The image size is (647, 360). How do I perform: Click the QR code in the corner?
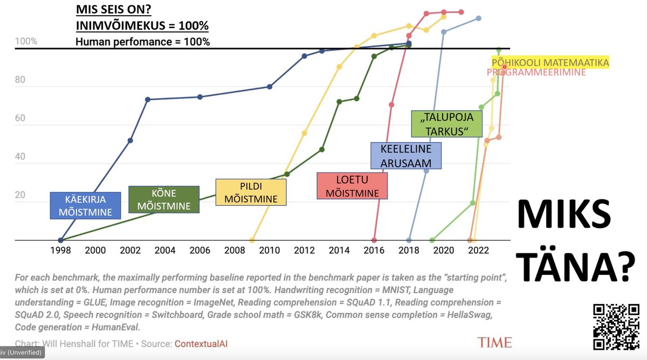[615, 327]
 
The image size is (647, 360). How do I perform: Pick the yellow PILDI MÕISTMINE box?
[251, 192]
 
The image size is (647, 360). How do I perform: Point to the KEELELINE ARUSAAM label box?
[405, 155]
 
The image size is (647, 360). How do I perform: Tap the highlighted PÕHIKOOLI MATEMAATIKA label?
[550, 63]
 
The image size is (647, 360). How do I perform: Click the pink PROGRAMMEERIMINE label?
[536, 72]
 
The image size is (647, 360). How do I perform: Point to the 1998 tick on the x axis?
[60, 250]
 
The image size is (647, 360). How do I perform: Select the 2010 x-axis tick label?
[270, 250]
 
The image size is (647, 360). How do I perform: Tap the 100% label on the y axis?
[26, 41]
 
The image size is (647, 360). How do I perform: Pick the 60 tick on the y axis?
[20, 118]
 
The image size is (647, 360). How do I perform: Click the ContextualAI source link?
[201, 343]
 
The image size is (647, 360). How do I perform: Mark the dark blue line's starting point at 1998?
[60, 240]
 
